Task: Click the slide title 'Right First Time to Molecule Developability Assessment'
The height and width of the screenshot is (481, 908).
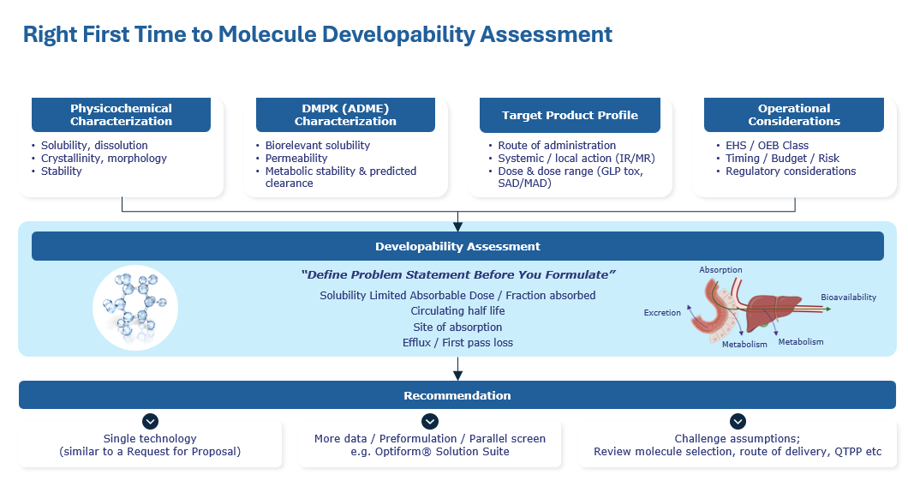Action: (317, 34)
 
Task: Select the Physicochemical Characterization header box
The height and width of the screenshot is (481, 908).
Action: (121, 115)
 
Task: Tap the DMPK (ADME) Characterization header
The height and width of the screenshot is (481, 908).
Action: (345, 115)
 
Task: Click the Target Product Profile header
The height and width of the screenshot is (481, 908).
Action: (570, 115)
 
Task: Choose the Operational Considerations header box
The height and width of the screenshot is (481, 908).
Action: (794, 115)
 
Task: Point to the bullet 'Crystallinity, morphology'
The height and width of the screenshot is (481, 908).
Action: (104, 159)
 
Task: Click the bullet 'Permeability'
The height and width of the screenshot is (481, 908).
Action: (296, 159)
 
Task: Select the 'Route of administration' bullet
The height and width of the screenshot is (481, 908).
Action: (557, 146)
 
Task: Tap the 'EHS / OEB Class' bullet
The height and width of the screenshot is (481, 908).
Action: (767, 146)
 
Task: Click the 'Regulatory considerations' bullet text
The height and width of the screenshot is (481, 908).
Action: (791, 171)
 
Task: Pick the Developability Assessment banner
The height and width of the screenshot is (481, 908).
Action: (457, 246)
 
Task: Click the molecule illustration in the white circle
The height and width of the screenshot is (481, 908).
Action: (135, 307)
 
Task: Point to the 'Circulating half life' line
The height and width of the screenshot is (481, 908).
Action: (457, 311)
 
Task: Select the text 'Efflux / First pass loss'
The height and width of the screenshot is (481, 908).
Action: (457, 342)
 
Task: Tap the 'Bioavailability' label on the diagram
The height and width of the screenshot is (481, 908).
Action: (848, 298)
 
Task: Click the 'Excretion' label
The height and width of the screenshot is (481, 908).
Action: (662, 312)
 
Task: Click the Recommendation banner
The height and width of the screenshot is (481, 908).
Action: (457, 395)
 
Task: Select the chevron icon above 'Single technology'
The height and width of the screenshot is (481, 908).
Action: (150, 421)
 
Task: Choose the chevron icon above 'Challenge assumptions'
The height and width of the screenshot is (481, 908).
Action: (738, 421)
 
